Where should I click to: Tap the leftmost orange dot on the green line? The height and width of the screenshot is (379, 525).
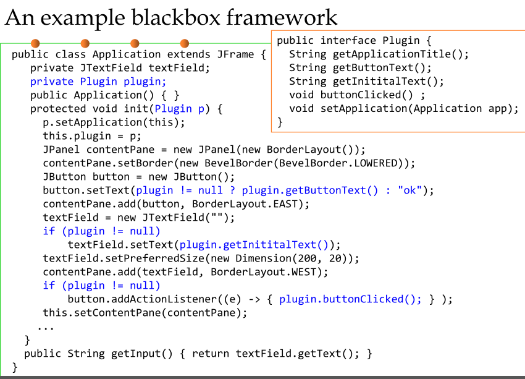point(35,43)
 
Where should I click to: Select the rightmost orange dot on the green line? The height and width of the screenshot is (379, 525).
point(184,43)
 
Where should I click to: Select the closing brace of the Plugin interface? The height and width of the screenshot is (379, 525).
point(280,122)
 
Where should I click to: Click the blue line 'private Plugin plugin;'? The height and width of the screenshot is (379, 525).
point(98,81)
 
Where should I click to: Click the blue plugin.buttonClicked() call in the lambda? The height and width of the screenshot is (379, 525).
point(350,299)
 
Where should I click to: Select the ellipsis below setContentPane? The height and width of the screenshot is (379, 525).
point(46,327)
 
